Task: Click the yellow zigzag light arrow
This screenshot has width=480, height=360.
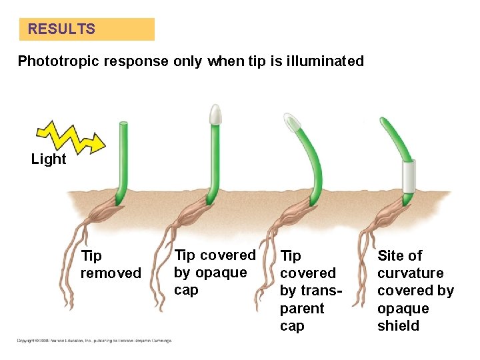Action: (x=70, y=136)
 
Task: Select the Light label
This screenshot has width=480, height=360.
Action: (x=49, y=159)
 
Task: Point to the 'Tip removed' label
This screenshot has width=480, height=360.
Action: (x=111, y=265)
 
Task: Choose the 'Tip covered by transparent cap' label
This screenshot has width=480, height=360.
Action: (x=307, y=291)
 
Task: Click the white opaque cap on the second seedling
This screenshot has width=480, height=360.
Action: (x=215, y=115)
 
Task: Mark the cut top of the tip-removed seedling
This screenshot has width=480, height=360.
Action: (x=123, y=124)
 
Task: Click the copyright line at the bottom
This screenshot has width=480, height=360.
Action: (x=94, y=341)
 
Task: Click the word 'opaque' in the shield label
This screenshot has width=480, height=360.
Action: (x=403, y=309)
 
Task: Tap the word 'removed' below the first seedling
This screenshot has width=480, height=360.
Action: (x=111, y=273)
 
